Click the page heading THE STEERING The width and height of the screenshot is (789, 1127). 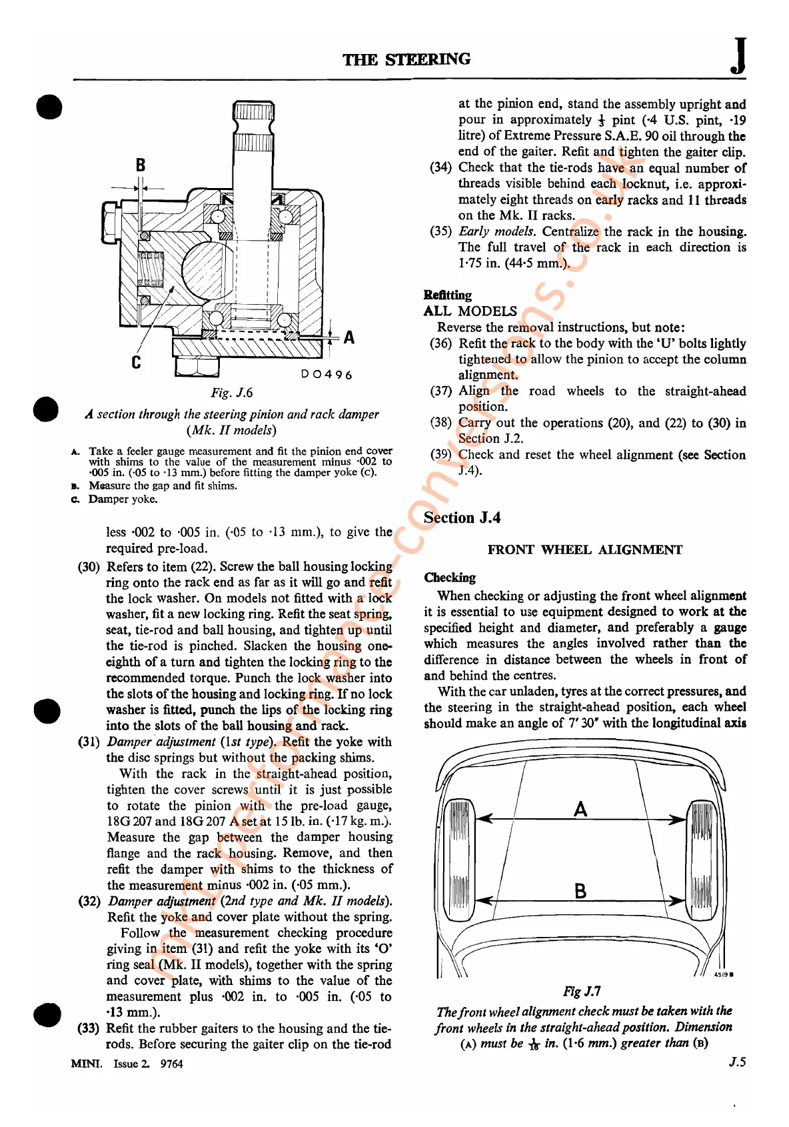406,59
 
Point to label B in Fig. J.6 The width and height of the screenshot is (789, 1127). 140,165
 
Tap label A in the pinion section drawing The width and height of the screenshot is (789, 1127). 349,337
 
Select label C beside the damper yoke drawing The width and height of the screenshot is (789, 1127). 136,362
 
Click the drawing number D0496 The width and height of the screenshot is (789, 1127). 327,375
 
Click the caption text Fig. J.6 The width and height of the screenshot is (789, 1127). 232,393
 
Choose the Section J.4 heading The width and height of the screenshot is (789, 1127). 462,517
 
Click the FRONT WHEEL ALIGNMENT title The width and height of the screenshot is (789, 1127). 584,549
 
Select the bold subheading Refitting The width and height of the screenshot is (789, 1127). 447,295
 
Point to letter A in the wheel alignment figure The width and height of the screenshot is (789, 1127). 580,809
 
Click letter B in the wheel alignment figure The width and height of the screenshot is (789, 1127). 580,891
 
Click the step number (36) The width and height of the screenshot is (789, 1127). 440,343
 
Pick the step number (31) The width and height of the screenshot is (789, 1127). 89,742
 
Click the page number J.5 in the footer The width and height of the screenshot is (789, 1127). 736,1062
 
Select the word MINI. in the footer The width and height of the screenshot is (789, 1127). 86,1064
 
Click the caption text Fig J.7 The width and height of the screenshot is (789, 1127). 582,992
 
